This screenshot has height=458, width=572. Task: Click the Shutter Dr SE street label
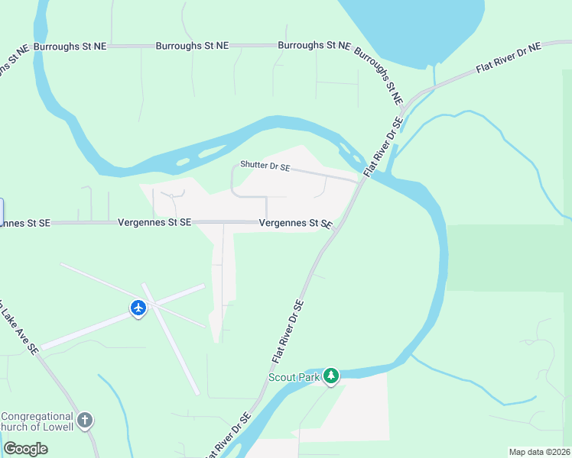[265, 166]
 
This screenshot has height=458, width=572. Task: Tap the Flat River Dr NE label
[508, 58]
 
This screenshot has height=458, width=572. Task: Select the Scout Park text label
[294, 377]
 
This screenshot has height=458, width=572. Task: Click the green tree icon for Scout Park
[330, 376]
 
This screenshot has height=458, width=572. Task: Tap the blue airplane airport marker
[138, 308]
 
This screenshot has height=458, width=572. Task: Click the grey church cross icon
[86, 420]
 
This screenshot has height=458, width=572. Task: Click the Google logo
[25, 448]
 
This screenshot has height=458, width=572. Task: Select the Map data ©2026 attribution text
[539, 452]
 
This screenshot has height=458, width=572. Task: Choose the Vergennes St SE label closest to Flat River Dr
[295, 224]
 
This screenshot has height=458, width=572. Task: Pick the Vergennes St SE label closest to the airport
[154, 222]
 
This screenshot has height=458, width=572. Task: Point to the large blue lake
[413, 27]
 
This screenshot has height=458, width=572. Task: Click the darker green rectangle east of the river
[509, 257]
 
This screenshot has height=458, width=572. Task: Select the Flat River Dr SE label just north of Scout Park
[288, 331]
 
